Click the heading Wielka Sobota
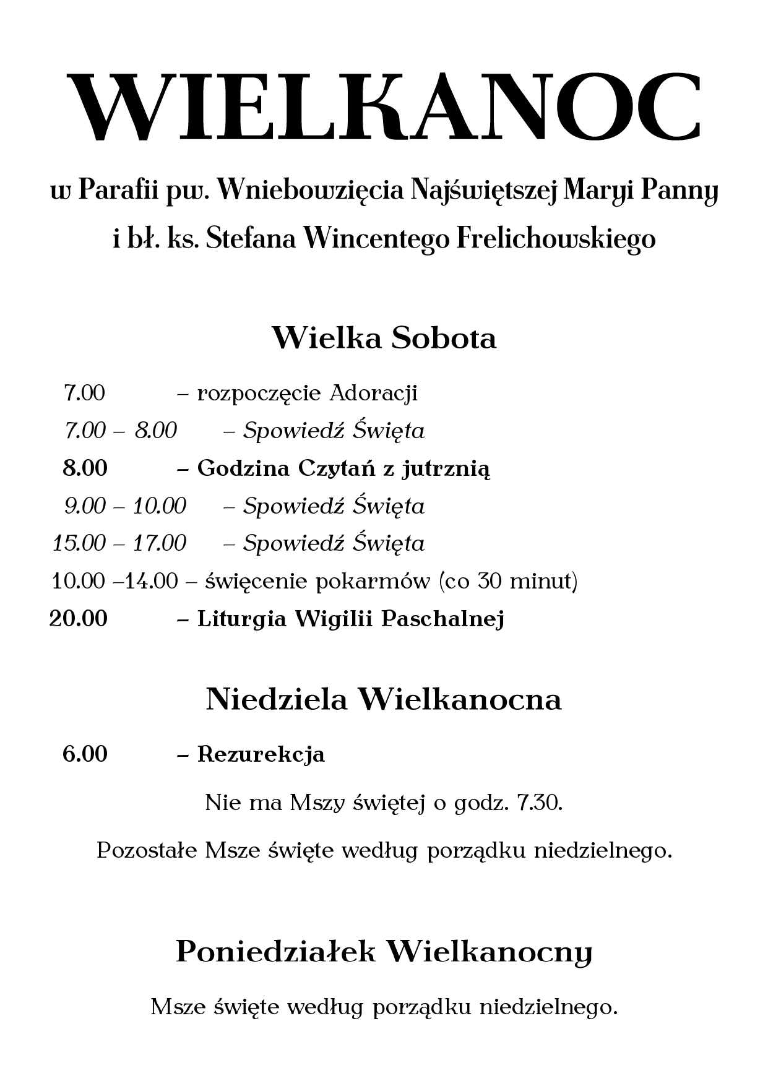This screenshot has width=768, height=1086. click(384, 338)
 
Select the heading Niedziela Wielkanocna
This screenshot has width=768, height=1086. click(384, 699)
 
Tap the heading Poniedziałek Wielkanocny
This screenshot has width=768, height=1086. click(384, 952)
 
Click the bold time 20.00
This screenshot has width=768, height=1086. click(79, 618)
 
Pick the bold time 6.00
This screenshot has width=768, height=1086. click(85, 754)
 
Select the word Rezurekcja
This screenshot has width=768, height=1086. click(261, 754)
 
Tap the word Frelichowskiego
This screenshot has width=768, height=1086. click(555, 238)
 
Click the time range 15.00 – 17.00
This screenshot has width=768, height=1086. click(119, 543)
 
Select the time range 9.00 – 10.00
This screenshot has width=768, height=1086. click(125, 506)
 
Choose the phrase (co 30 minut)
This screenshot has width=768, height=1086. click(507, 582)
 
